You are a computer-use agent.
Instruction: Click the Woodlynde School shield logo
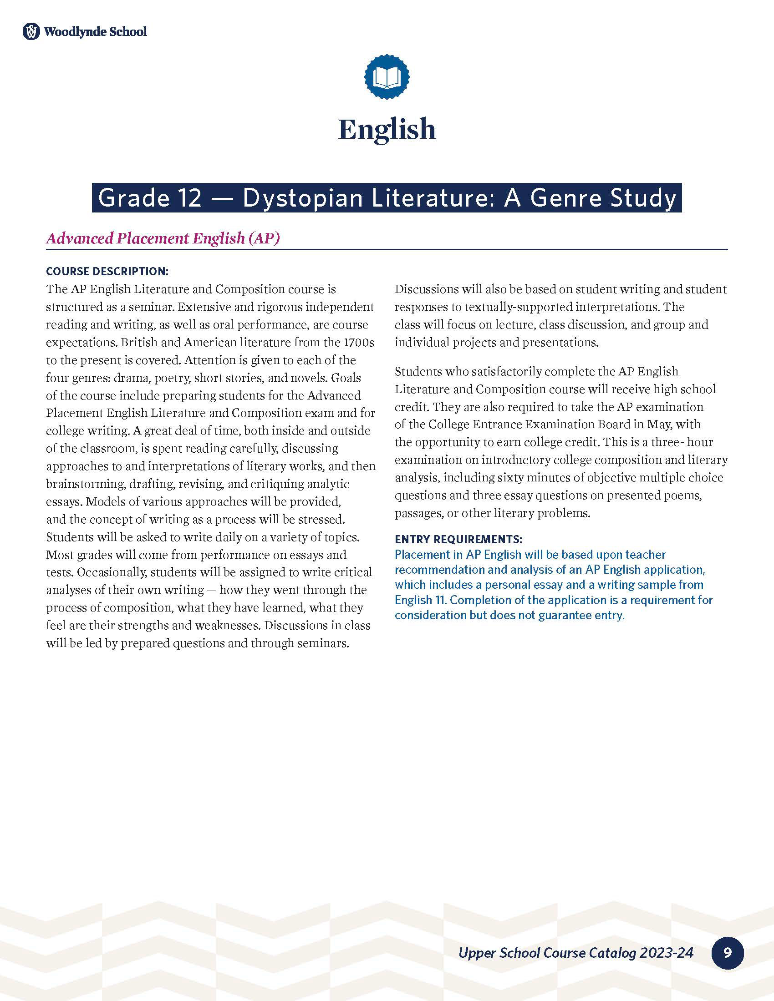(31, 32)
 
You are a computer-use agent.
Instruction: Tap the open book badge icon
(387, 76)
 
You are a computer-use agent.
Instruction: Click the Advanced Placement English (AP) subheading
(163, 238)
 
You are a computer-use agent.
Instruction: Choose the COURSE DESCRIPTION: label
(107, 271)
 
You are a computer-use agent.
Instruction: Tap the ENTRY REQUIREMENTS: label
(458, 539)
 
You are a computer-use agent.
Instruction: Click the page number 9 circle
(727, 953)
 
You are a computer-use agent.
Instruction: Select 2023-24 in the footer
(666, 953)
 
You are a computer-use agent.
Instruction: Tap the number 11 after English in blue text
(440, 600)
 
